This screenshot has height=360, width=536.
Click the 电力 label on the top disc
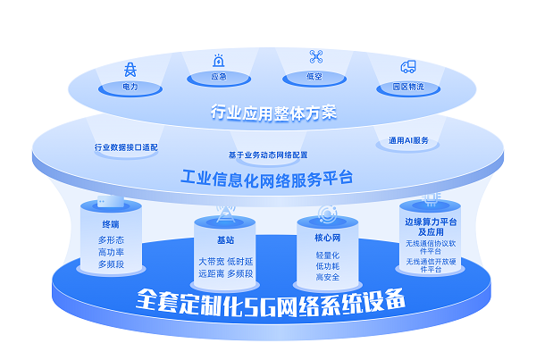[130, 87]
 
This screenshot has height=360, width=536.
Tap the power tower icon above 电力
[130, 70]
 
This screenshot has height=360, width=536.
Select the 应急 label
[219, 76]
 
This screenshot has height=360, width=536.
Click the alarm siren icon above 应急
[219, 61]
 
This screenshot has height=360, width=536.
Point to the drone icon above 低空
[316, 57]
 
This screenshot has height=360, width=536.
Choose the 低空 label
[314, 76]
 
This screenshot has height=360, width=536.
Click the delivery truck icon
[408, 67]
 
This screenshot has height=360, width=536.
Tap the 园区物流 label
[408, 87]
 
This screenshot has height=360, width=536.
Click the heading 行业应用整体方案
[273, 113]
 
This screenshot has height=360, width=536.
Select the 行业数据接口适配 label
[126, 147]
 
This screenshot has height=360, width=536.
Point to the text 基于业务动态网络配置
[268, 155]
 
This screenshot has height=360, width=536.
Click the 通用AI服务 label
[408, 140]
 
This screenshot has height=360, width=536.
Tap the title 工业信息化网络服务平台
[266, 179]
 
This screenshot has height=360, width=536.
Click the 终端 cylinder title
[111, 224]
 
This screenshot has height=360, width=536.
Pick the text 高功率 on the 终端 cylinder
[111, 252]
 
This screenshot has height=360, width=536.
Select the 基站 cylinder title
[225, 240]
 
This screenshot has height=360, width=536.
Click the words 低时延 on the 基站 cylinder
[240, 262]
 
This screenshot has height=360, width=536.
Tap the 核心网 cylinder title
[328, 238]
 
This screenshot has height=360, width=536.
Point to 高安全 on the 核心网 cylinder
[328, 277]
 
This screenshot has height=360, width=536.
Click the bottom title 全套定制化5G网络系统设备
[270, 303]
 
